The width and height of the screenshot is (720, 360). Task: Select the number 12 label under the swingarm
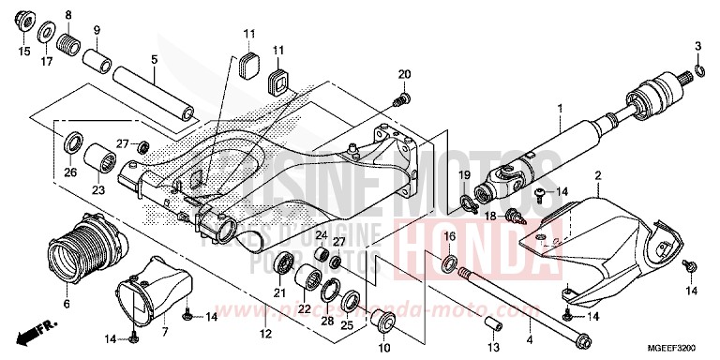coord(265,334)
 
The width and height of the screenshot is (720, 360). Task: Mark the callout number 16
coord(449,235)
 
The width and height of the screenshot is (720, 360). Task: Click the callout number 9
coord(96,32)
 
